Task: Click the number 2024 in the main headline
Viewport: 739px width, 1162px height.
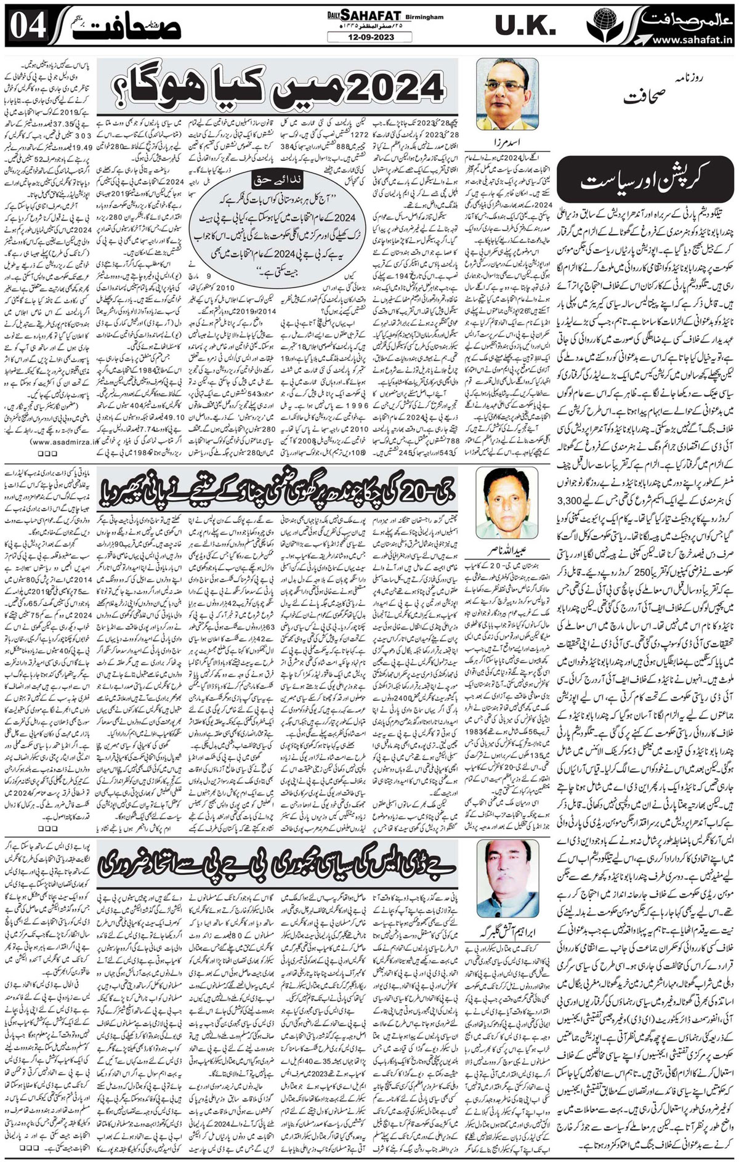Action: [386, 86]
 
